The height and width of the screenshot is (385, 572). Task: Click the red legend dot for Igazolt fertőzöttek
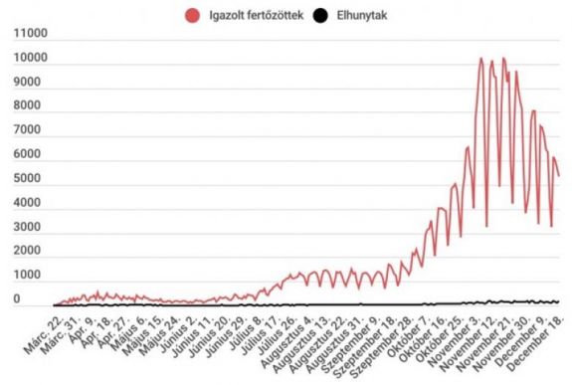(191, 15)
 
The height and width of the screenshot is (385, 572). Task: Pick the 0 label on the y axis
(15, 299)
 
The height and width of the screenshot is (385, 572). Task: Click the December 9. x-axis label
(524, 338)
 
